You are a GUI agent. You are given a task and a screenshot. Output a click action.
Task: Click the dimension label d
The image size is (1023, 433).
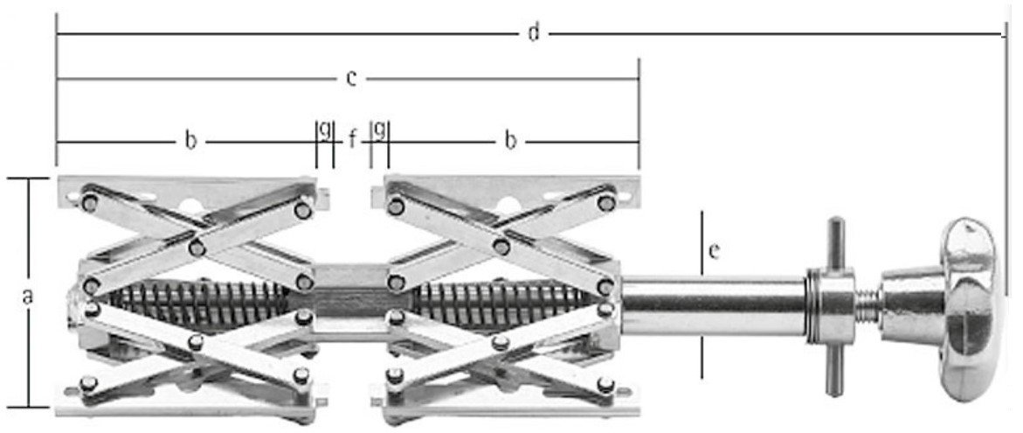coord(534,32)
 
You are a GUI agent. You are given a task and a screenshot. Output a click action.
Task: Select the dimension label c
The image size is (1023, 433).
coord(351,79)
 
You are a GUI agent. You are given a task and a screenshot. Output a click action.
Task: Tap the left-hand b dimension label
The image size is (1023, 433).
coord(190,141)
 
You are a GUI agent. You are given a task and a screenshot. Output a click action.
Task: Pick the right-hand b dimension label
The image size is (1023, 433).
coord(510,141)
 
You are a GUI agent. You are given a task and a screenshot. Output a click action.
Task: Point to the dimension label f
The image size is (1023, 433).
coord(352,139)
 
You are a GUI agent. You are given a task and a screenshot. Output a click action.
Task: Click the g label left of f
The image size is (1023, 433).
coord(325,129)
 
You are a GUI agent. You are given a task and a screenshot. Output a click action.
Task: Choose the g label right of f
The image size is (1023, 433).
coord(380,129)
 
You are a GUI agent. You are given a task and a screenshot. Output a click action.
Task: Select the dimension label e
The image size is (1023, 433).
coord(715,251)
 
